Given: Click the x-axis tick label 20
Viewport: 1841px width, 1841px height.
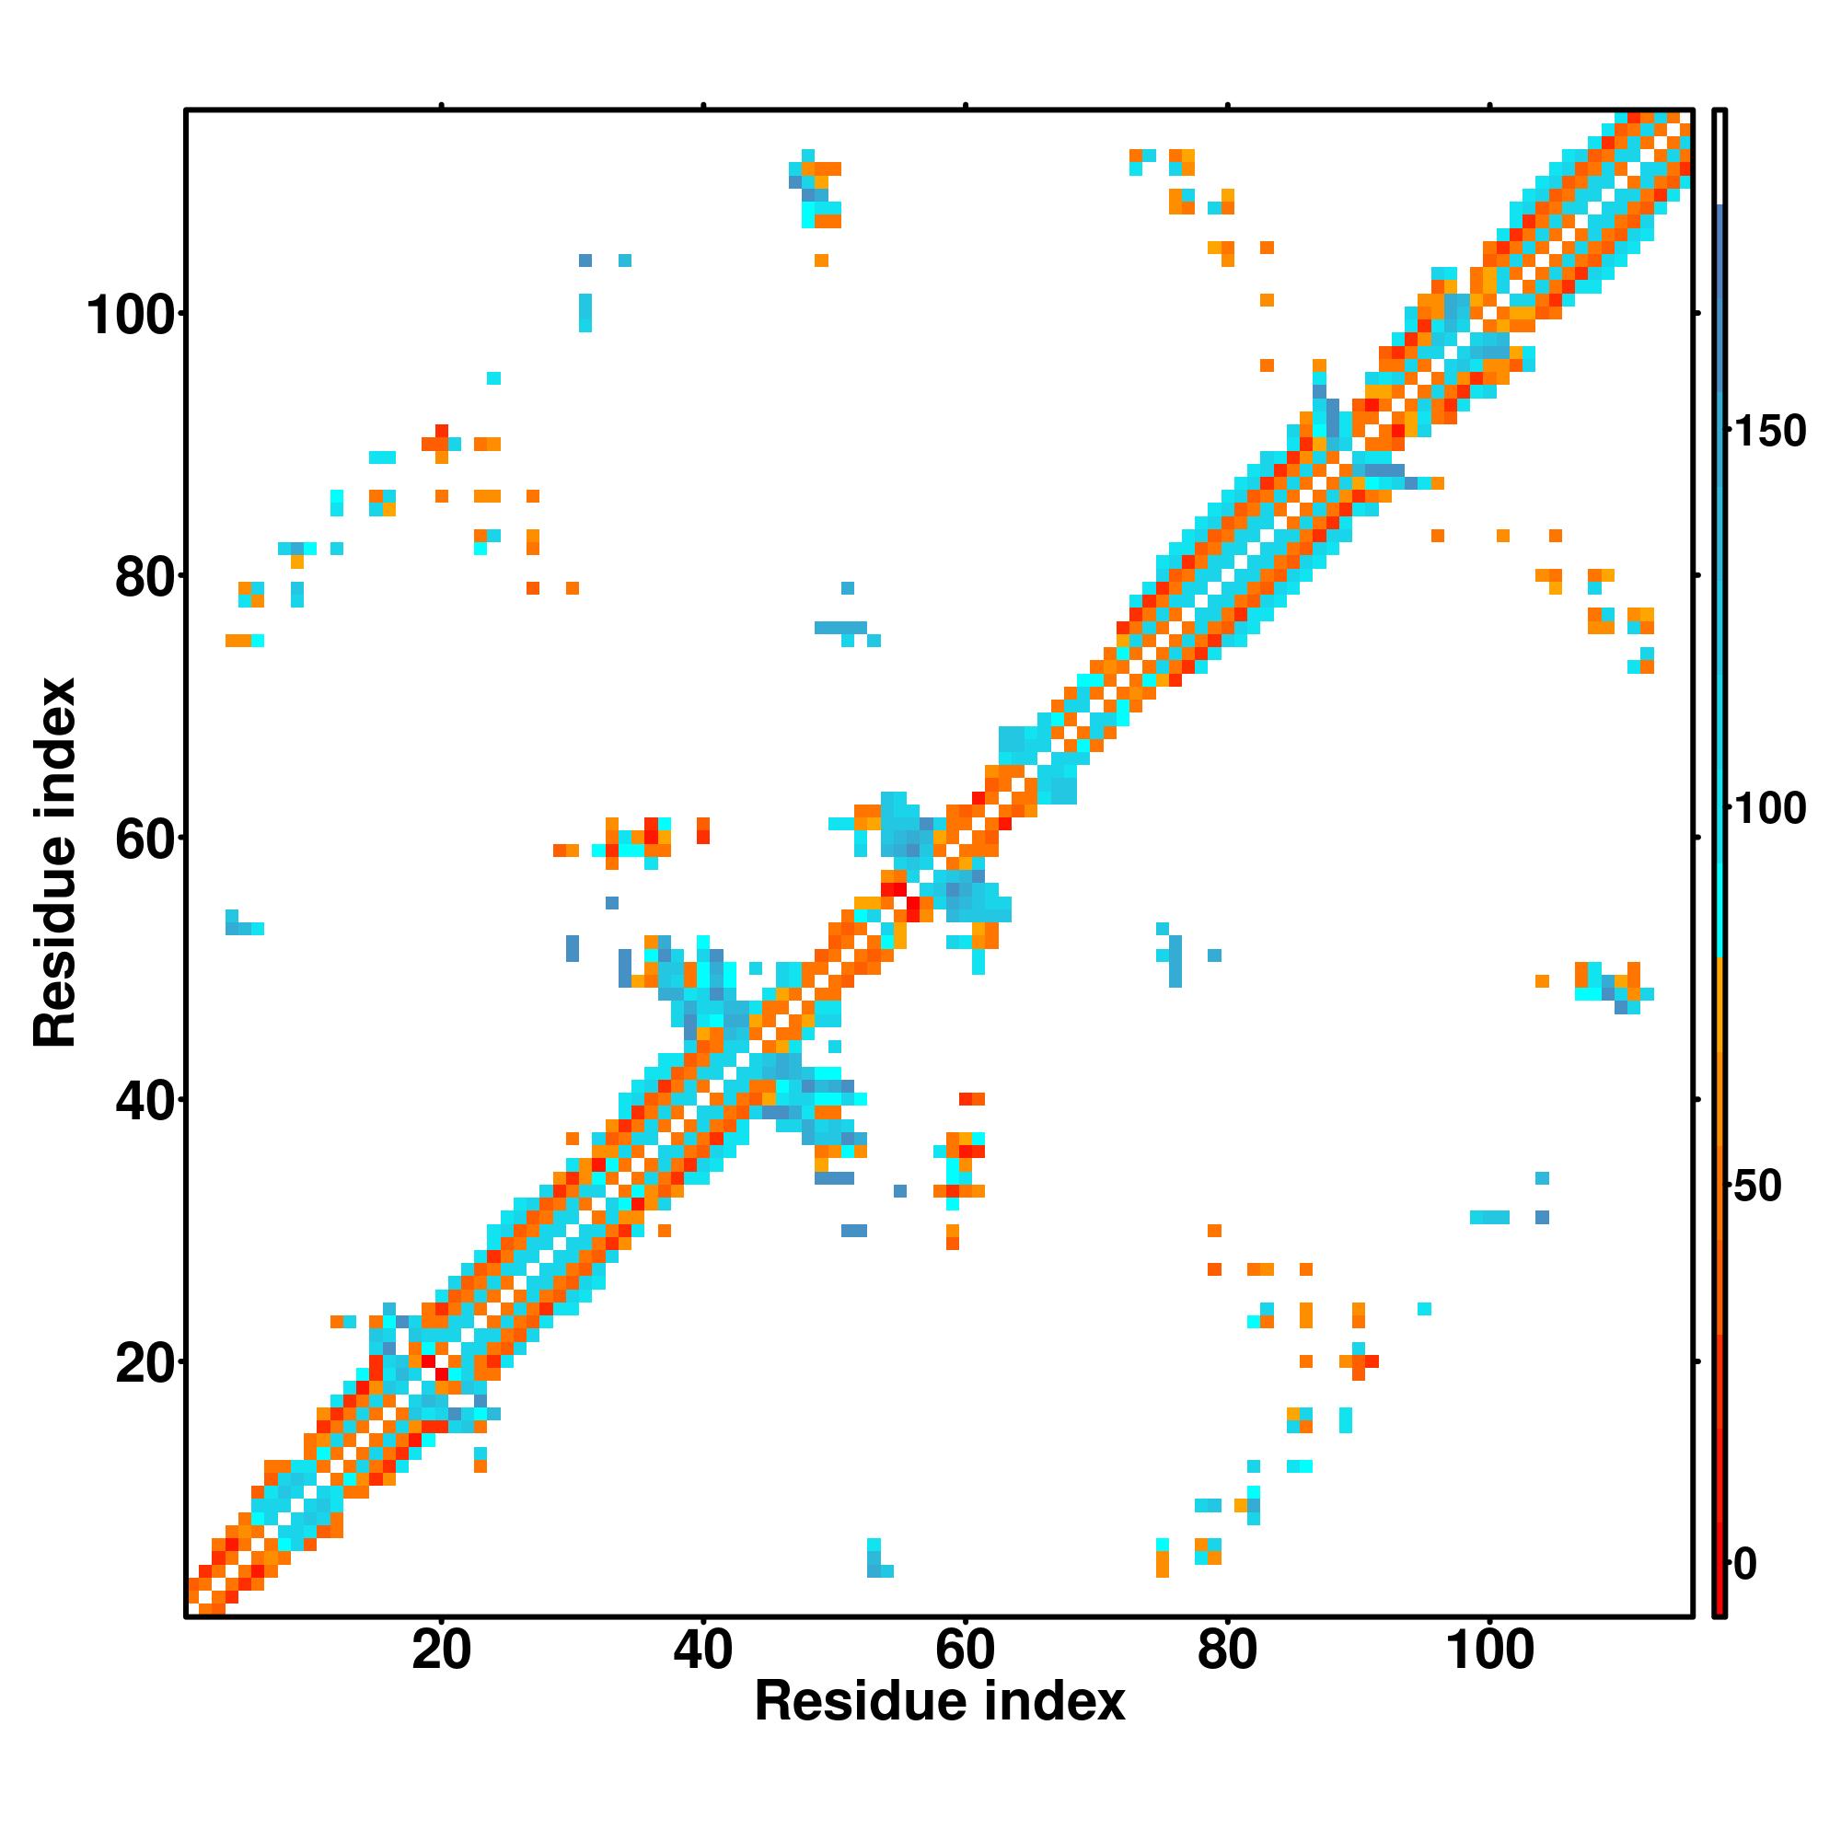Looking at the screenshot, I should coord(441,1650).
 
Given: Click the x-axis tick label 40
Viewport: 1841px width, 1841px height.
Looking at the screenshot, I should coord(703,1650).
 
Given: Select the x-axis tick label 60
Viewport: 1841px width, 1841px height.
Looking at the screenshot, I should coord(966,1650).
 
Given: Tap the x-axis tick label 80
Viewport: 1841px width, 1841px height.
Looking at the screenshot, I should coord(1227,1650).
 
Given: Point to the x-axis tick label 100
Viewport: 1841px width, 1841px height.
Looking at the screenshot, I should coord(1490,1650).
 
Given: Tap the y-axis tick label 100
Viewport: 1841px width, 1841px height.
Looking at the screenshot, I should coord(133,316).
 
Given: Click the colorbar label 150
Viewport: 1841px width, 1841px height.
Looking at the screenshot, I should coord(1769,432).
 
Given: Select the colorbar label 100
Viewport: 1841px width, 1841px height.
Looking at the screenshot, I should coord(1769,809).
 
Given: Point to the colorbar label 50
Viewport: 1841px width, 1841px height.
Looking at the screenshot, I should coord(1757,1187).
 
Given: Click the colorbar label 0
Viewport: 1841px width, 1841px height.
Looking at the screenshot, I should coord(1745,1564).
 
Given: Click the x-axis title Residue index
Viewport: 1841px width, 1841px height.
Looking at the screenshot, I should coord(940,1702).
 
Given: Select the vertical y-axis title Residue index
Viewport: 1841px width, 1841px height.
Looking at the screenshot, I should coord(55,863).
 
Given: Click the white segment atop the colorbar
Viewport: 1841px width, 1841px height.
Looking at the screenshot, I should coord(1720,157).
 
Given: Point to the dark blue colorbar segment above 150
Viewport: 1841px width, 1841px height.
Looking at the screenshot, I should coord(1720,315).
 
